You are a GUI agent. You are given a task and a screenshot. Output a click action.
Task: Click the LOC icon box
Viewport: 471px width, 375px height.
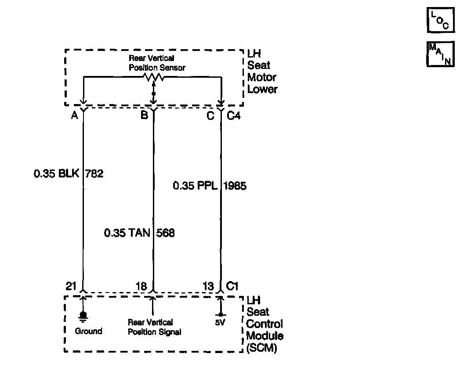441,21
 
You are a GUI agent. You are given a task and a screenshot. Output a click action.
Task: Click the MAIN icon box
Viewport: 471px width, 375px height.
441,54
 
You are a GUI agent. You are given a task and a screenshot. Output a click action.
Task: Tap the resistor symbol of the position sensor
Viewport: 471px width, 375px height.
152,77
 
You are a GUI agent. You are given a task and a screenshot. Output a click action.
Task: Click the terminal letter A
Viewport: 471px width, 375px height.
74,115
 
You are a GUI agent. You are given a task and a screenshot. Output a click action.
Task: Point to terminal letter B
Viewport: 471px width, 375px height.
144,115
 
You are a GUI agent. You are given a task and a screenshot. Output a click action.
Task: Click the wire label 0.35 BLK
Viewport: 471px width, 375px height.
56,174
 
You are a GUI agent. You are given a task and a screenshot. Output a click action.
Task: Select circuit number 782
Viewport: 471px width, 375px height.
94,174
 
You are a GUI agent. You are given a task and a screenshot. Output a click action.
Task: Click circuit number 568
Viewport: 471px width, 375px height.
166,233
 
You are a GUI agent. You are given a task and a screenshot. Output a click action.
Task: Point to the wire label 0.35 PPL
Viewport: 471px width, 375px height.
195,186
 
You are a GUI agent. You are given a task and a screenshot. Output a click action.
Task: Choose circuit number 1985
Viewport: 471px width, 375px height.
235,186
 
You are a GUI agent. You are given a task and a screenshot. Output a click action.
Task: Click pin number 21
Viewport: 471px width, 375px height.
71,286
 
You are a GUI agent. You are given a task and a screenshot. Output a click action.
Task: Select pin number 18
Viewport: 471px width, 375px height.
141,286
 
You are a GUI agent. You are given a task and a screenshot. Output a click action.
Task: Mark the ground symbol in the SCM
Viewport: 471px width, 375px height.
83,316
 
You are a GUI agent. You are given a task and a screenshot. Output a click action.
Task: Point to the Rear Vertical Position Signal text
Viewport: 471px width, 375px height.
154,328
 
